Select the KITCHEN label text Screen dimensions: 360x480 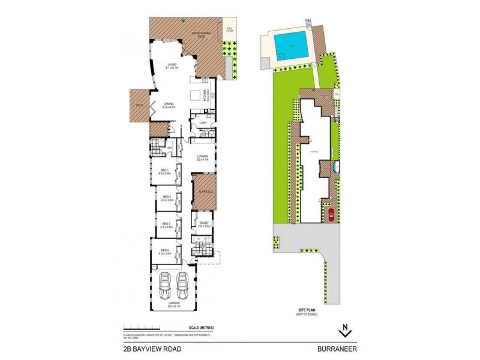click(206, 96)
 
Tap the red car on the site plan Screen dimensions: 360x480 click(329, 215)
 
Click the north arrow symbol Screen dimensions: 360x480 click(344, 329)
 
